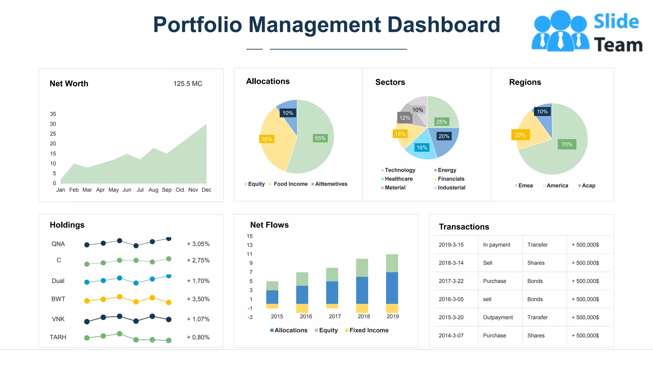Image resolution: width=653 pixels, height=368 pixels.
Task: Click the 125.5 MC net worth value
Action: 187,84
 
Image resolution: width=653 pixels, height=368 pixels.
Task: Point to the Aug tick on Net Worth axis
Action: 153,190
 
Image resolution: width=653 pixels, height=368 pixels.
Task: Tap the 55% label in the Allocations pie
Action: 320,138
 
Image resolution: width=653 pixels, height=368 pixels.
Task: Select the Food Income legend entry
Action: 290,184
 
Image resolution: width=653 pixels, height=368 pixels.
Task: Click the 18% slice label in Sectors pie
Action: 422,148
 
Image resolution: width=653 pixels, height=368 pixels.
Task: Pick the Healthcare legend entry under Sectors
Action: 398,179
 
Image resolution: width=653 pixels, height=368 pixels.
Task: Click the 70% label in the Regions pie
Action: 567,144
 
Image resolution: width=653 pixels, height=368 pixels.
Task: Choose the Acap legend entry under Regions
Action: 588,186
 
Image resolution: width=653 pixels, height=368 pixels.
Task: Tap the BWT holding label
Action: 58,299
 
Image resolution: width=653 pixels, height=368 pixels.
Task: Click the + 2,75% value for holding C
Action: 198,260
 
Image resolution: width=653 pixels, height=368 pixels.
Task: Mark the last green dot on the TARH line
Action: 169,341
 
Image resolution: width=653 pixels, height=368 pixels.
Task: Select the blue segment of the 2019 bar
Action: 392,287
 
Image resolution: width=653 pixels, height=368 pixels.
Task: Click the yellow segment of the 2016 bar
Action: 302,308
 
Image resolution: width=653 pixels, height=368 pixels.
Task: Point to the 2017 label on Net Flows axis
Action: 335,317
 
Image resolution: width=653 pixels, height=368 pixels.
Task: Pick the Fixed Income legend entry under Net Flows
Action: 368,330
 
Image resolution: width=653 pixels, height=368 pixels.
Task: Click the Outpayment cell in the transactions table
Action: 498,318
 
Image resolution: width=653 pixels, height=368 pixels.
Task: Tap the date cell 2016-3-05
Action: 451,299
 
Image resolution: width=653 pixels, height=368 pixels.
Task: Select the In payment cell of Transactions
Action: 496,245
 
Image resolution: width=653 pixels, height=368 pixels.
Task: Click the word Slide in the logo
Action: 616,22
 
